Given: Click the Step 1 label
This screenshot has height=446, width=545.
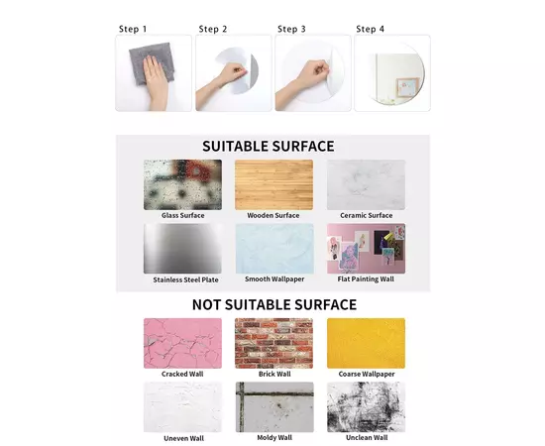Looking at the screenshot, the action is tap(133, 29).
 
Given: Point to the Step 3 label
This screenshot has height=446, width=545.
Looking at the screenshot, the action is tap(291, 29).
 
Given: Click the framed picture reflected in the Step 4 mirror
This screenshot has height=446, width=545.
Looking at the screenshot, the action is tap(406, 87).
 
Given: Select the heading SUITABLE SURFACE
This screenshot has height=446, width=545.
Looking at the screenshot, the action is tap(269, 147).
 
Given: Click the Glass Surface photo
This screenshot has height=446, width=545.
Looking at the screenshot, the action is tap(183, 184).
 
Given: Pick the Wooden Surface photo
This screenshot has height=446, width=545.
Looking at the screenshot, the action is tap(273, 184).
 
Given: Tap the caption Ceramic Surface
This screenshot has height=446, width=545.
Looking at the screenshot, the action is tap(367, 215).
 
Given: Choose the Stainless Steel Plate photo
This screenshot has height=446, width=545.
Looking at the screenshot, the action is tap(183, 248).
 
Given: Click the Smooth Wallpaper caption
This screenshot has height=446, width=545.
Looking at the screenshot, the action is tap(274, 279).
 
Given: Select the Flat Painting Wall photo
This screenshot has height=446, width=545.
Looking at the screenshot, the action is tap(366, 248).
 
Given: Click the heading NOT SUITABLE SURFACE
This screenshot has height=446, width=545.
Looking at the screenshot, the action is tap(274, 305).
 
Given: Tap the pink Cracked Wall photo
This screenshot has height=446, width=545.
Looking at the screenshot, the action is tap(183, 343).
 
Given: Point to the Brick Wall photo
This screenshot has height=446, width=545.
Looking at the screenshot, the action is tap(273, 343).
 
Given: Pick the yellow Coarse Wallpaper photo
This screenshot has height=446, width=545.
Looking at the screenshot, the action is tap(366, 343).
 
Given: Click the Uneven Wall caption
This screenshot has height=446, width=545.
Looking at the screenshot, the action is tap(184, 438).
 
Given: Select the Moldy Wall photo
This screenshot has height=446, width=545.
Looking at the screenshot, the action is tap(274, 407).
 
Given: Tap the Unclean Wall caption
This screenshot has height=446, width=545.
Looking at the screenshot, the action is tap(367, 438).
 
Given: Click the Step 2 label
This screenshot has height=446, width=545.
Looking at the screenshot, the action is tap(213, 29).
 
